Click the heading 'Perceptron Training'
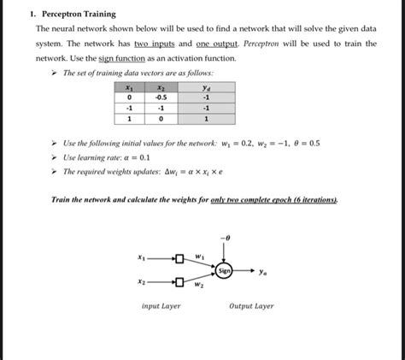81,15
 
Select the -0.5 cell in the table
160,97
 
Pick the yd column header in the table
206,87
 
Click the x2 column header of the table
160,87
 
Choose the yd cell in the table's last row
206,120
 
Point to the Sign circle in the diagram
224,270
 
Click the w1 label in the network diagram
199,255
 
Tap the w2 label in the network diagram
198,286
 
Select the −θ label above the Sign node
225,237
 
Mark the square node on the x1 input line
179,258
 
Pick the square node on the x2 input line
179,281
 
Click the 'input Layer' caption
161,305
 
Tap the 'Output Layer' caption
251,305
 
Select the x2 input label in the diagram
141,280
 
